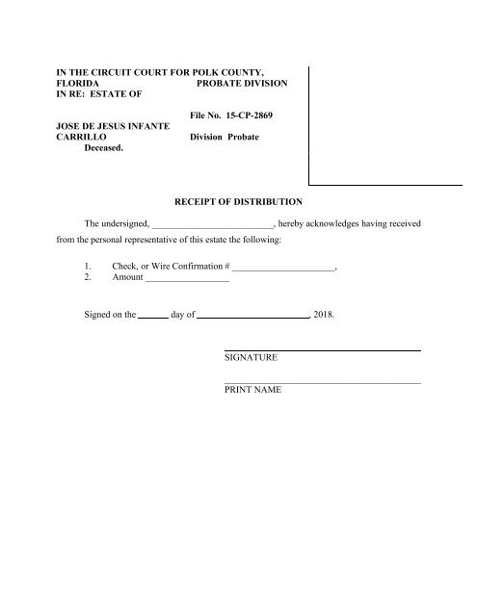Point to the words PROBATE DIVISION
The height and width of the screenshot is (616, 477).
[237, 85]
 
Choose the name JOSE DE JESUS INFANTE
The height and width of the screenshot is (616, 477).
[109, 125]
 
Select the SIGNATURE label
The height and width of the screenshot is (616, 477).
[252, 358]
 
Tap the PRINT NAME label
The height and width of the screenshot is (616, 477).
[253, 392]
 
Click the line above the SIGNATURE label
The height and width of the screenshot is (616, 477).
[322, 349]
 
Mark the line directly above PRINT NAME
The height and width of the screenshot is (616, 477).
[322, 384]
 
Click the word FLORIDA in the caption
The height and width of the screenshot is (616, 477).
[79, 85]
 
